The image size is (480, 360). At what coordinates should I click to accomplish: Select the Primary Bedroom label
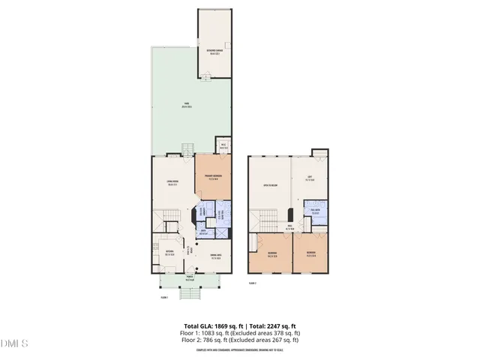point(212,178)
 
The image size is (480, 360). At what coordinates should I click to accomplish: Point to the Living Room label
point(172,183)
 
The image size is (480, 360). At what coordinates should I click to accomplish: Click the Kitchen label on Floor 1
point(169,253)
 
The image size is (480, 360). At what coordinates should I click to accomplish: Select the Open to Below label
point(271,184)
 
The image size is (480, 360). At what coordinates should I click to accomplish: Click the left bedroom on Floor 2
point(272,253)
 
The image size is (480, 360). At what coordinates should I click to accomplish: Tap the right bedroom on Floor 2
point(310,253)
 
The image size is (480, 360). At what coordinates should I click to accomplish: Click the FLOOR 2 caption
point(253,283)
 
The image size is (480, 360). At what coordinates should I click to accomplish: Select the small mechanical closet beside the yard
point(223,146)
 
